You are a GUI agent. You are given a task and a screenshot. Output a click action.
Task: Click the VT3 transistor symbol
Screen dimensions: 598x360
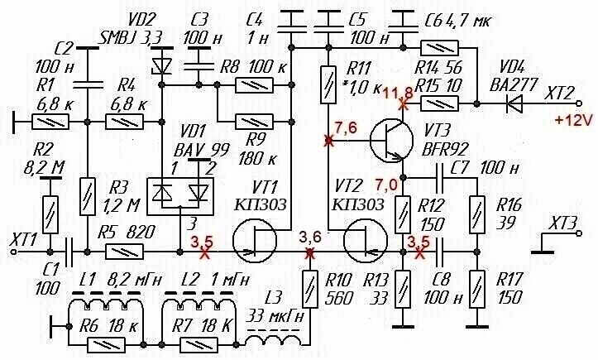click(x=392, y=140)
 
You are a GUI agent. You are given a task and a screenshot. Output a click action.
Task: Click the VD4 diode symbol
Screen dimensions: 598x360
click(x=514, y=103)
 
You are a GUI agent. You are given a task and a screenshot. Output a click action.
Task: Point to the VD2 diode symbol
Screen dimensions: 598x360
click(x=161, y=65)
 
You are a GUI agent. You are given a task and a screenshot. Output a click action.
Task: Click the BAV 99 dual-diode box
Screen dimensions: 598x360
click(x=180, y=196)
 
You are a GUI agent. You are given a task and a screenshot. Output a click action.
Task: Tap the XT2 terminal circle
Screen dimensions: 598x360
click(x=580, y=103)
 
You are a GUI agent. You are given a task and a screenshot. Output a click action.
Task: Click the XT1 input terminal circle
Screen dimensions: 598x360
click(x=14, y=252)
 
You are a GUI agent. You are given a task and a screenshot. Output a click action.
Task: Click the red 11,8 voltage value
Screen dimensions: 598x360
click(x=396, y=93)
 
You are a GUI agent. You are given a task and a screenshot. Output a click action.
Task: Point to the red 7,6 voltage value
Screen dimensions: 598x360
click(x=346, y=127)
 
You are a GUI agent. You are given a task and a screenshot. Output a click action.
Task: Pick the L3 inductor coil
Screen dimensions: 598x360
click(x=275, y=338)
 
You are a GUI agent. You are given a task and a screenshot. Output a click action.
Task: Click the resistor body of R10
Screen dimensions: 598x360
click(x=309, y=289)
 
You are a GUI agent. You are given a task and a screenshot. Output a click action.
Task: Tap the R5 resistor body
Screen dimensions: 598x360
click(x=124, y=252)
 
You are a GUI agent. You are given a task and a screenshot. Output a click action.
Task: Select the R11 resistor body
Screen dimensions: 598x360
click(x=328, y=84)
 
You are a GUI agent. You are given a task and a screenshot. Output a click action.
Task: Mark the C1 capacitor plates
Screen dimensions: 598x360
click(x=69, y=252)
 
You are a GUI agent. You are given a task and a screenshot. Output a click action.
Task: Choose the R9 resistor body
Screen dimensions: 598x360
click(x=255, y=122)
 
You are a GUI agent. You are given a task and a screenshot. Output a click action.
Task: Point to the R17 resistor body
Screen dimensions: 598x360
click(x=476, y=289)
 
